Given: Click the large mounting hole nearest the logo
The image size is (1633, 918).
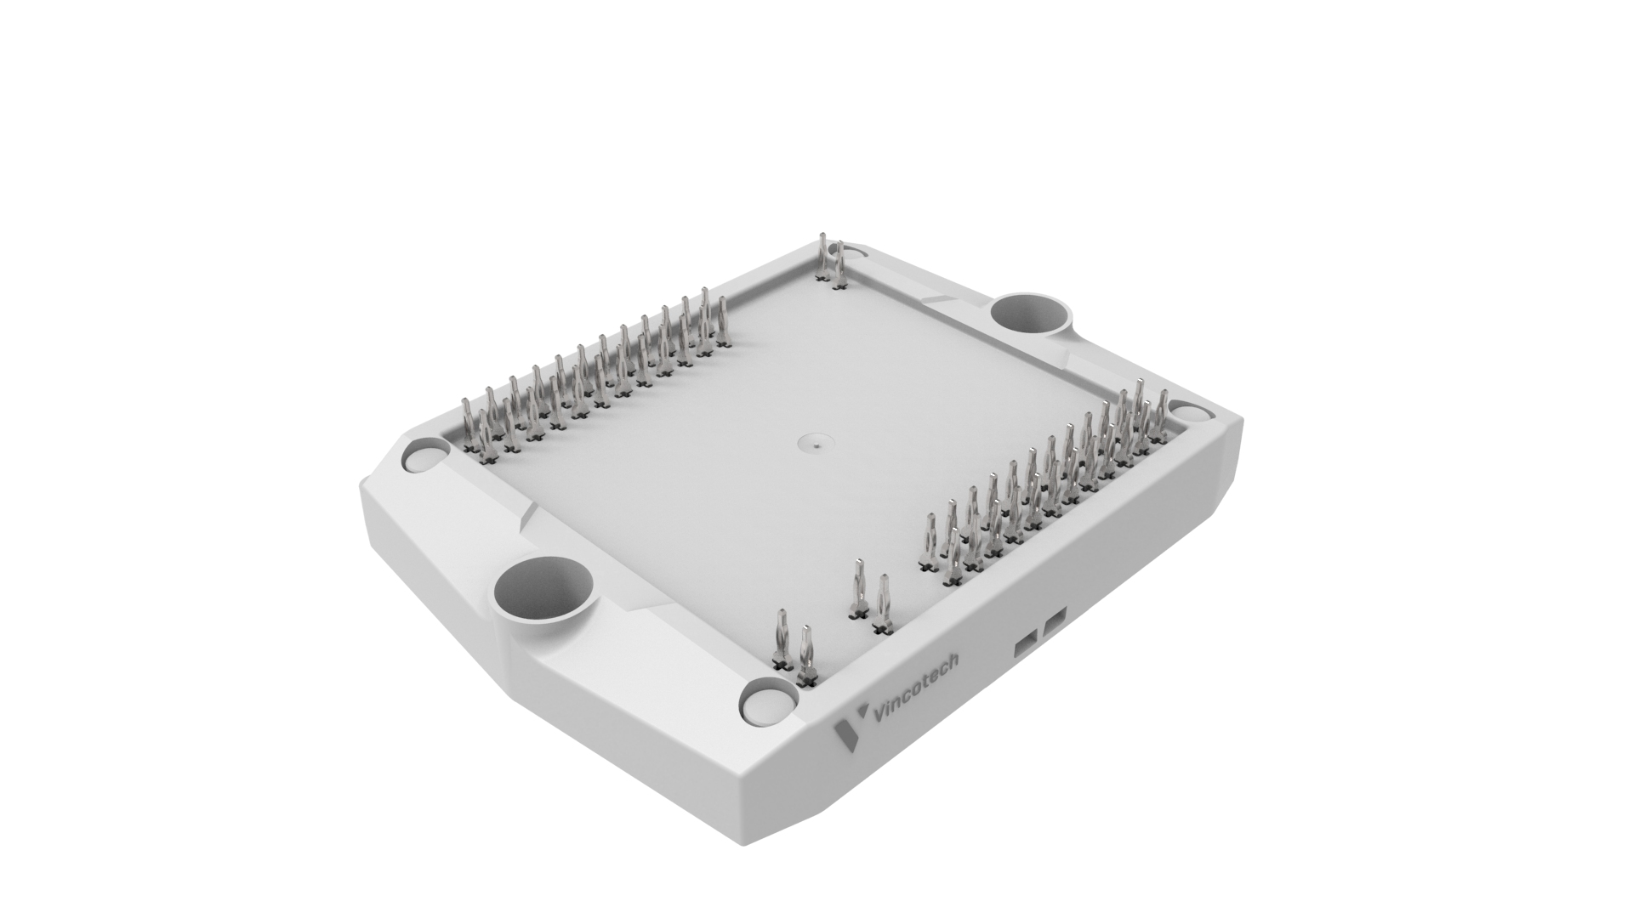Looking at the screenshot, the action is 543,589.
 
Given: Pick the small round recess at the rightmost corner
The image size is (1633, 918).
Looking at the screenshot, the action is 1193,411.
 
